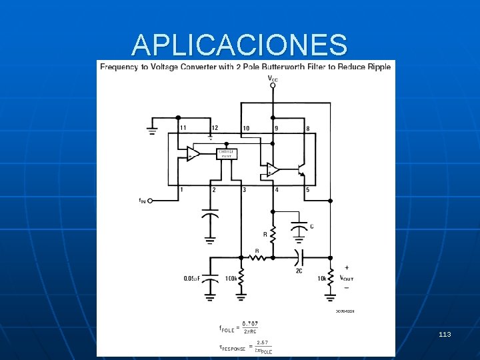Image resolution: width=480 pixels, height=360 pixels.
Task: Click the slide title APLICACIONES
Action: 239,45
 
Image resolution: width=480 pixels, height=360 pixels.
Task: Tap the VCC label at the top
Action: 273,79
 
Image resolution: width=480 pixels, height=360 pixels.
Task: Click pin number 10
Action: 246,127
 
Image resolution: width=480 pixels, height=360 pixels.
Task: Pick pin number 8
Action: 307,127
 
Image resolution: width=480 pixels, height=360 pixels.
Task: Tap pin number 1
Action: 181,190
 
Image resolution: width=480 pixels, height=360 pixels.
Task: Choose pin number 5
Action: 307,190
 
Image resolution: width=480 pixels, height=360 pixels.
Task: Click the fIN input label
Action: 142,200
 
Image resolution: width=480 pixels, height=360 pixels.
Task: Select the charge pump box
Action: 228,154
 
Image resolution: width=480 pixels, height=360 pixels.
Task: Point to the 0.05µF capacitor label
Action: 195,278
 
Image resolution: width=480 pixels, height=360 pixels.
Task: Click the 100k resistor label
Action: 232,278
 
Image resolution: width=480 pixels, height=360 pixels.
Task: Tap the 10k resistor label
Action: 322,278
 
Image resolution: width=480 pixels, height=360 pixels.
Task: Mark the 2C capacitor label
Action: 299,271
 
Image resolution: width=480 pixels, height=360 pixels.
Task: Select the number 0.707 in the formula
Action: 251,324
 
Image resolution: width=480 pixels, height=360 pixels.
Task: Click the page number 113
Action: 445,333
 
